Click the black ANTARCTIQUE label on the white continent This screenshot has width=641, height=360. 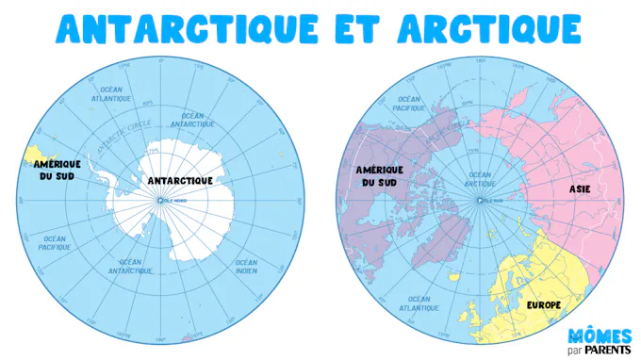(x=181, y=180)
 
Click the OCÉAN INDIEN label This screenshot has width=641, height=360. (x=247, y=266)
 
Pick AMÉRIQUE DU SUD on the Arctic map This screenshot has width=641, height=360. (x=381, y=175)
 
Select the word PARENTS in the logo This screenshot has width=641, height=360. (x=609, y=349)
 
